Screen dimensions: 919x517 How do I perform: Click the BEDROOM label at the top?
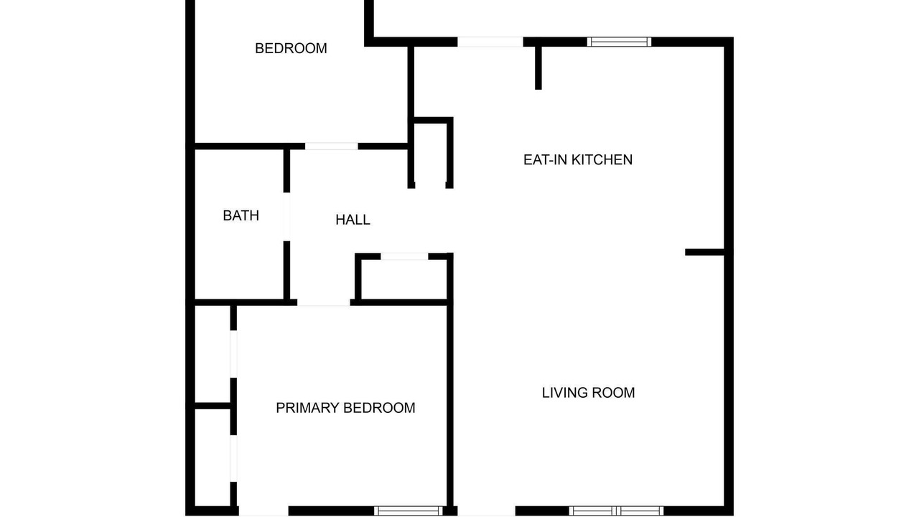291,48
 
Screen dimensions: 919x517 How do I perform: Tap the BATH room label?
241,215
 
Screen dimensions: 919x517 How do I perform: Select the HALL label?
353,220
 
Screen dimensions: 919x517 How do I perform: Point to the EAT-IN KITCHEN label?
578,159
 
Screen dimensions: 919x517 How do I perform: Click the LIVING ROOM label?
588,393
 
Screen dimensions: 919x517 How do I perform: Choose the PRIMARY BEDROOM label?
345,408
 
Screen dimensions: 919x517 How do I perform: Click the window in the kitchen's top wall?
619,42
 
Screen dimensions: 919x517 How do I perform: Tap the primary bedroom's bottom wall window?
409,511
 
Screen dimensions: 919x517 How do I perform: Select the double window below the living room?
616,511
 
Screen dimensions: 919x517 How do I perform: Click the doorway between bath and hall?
286,217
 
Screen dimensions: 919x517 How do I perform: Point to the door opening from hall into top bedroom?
332,146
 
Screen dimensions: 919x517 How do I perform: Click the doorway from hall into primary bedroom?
324,302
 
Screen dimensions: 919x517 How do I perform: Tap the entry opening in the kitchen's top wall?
490,42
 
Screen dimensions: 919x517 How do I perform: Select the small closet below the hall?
403,279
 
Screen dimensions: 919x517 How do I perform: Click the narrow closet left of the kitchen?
430,154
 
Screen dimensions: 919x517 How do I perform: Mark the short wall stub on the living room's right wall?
705,252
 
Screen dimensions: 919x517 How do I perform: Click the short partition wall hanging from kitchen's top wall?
538,67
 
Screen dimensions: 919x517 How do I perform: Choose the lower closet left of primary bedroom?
212,457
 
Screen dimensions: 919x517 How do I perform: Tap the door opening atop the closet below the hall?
404,256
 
